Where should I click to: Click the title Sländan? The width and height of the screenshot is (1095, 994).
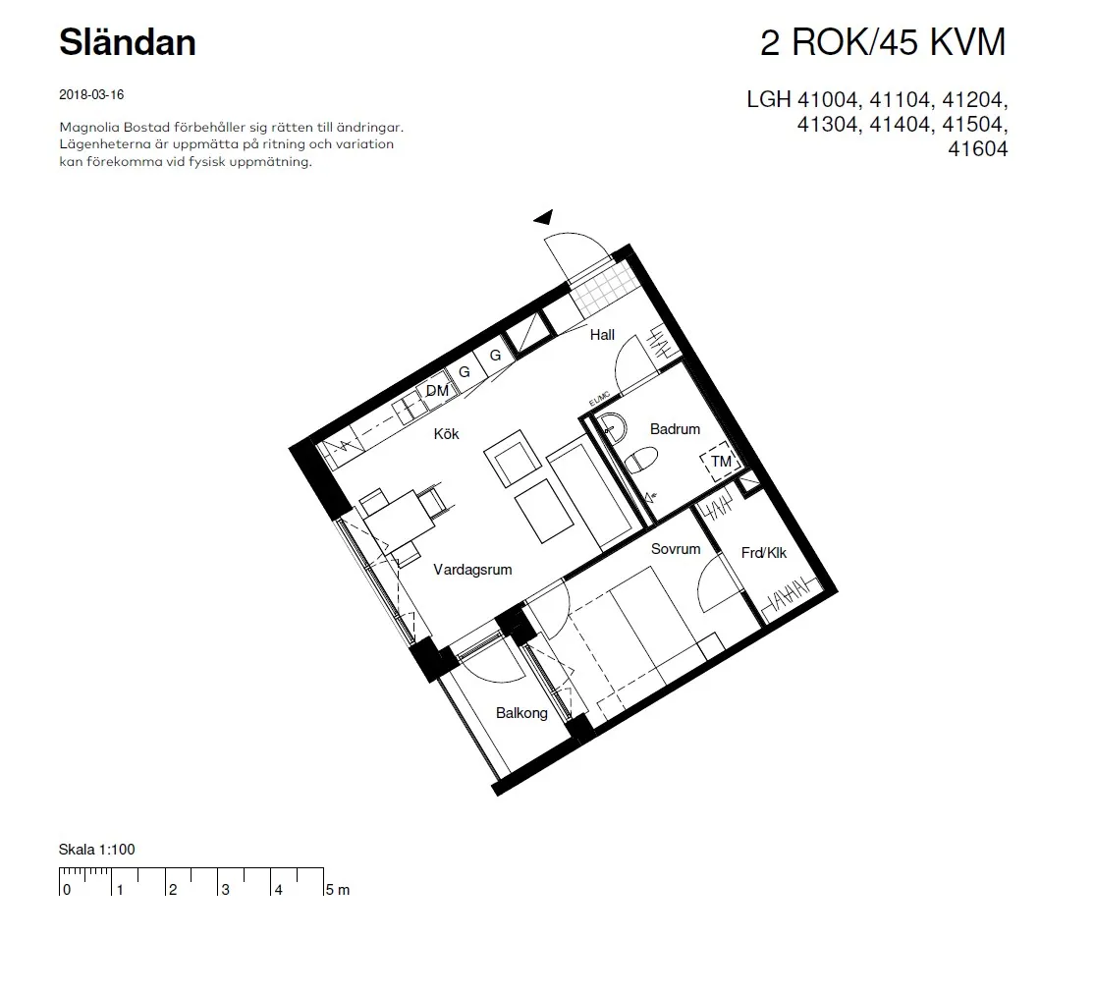127,42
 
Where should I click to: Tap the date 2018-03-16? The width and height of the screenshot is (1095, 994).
91,94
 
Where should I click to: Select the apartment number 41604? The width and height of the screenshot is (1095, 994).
978,148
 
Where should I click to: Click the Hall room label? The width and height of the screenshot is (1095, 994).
602,335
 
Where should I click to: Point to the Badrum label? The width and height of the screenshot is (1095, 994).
675,429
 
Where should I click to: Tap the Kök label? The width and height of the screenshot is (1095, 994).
446,434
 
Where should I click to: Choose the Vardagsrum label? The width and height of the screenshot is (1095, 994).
472,570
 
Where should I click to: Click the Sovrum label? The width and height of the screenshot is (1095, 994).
676,549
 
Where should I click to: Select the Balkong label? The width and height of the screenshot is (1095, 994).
521,713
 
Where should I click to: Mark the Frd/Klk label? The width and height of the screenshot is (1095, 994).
764,553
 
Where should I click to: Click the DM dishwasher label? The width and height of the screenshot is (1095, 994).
437,391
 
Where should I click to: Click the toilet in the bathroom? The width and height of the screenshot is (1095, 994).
640,461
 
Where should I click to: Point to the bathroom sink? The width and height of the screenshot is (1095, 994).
612,427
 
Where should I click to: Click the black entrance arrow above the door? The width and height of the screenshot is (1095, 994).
544,217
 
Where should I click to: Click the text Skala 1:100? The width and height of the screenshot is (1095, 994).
97,850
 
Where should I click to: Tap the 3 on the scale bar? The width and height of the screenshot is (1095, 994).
226,890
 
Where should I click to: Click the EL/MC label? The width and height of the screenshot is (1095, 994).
599,399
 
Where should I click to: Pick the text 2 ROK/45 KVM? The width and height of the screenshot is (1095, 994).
884,42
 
